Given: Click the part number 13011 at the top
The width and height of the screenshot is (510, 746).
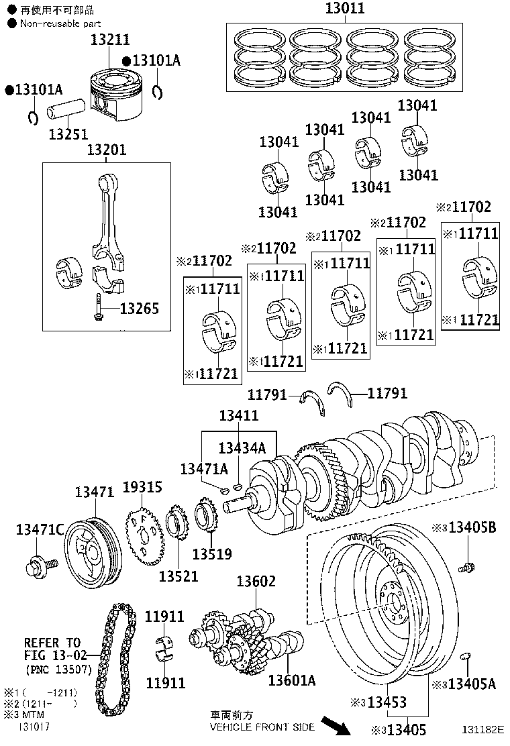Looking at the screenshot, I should tap(345, 9).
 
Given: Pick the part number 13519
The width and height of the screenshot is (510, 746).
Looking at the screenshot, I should tap(211, 554).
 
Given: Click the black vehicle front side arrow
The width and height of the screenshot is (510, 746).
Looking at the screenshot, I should tap(336, 725).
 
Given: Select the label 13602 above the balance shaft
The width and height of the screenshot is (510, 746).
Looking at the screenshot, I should tap(256, 581).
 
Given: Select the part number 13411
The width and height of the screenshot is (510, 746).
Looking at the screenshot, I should tap(238, 416).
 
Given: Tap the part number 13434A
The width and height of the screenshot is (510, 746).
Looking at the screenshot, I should tap(242, 447).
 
